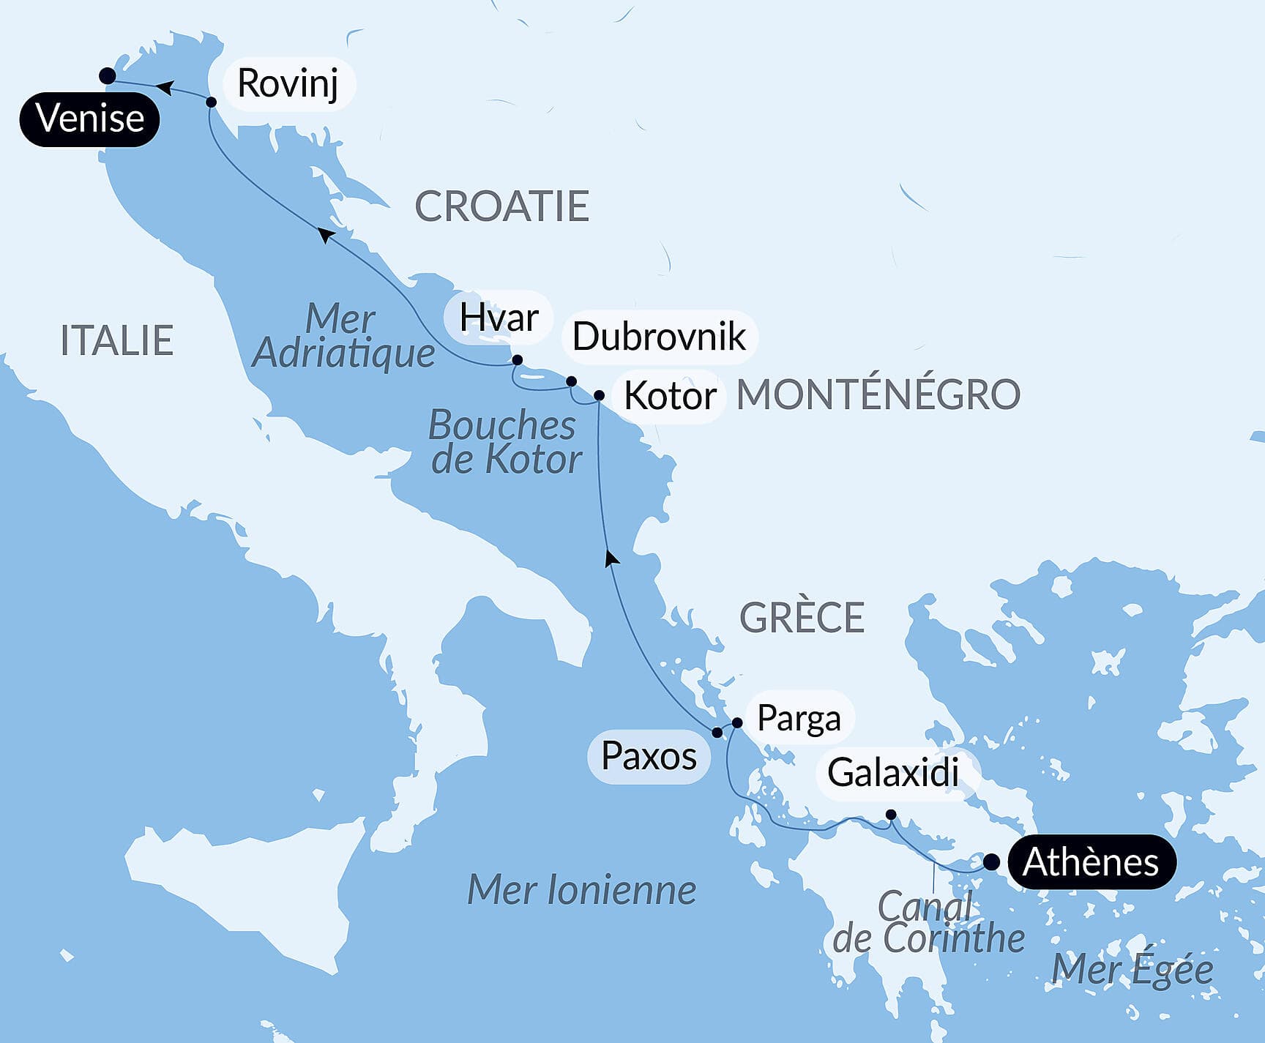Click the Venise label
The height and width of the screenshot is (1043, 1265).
pyautogui.click(x=89, y=119)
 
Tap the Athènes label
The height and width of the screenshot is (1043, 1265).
pyautogui.click(x=1091, y=862)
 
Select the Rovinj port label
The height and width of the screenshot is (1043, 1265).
pyautogui.click(x=288, y=83)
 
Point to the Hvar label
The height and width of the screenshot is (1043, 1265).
pyautogui.click(x=499, y=318)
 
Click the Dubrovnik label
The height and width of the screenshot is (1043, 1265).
pyautogui.click(x=659, y=337)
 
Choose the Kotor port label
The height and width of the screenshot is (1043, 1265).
pyautogui.click(x=669, y=397)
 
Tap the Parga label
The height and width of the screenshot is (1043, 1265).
pyautogui.click(x=799, y=718)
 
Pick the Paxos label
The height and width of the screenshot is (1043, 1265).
pyautogui.click(x=649, y=756)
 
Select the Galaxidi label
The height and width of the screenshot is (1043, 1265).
pyautogui.click(x=893, y=773)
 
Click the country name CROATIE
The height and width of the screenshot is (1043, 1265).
pyautogui.click(x=502, y=206)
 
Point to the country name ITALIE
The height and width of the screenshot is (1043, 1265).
pyautogui.click(x=116, y=341)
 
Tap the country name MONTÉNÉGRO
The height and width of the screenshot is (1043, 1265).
pyautogui.click(x=878, y=395)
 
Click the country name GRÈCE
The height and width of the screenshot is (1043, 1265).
pyautogui.click(x=802, y=618)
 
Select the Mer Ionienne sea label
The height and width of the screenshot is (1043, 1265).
pyautogui.click(x=581, y=891)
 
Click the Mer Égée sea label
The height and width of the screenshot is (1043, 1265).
pyautogui.click(x=1132, y=970)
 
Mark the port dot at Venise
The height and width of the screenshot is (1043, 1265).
pyautogui.click(x=107, y=75)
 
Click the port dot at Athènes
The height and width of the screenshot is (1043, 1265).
pyautogui.click(x=990, y=862)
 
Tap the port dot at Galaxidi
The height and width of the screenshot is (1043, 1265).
pyautogui.click(x=891, y=815)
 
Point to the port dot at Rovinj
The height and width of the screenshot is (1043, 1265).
pyautogui.click(x=211, y=102)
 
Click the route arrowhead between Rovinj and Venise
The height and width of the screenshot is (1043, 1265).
pyautogui.click(x=165, y=89)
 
